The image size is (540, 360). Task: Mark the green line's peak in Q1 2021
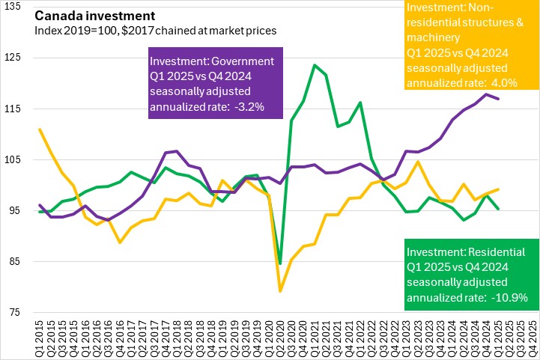315,65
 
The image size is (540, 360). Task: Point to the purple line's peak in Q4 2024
487,94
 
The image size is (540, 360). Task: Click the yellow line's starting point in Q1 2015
40,129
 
